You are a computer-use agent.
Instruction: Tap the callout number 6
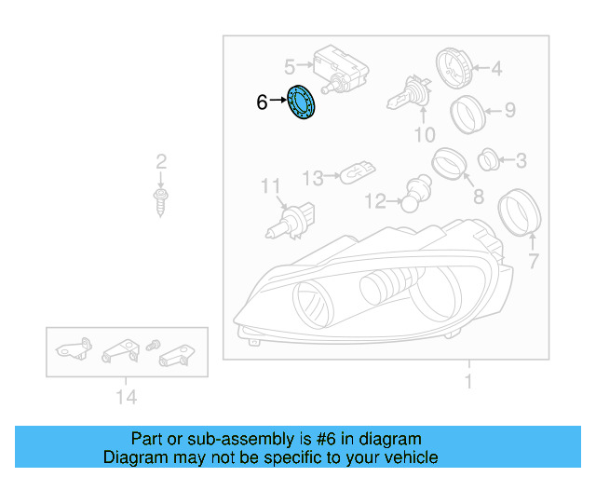click(262, 102)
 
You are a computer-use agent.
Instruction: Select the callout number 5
click(290, 66)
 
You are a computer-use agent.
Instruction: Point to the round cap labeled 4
click(454, 67)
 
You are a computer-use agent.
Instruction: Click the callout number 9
click(509, 111)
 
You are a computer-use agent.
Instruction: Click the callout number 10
click(424, 136)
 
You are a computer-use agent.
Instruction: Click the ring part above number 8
click(448, 164)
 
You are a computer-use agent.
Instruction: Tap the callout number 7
click(534, 261)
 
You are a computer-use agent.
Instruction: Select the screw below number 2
click(160, 198)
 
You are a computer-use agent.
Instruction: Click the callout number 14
click(127, 398)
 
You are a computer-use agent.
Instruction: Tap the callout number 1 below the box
click(468, 381)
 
